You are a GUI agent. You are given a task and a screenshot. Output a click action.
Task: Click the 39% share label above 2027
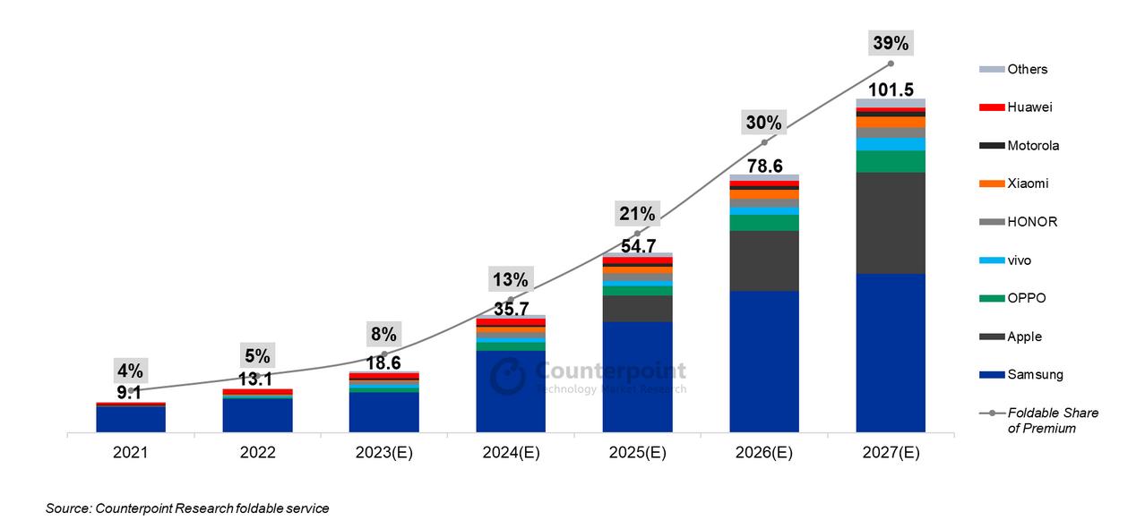point(891,43)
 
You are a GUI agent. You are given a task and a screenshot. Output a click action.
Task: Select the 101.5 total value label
point(891,90)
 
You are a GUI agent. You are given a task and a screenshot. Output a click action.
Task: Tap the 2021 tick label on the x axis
point(130,453)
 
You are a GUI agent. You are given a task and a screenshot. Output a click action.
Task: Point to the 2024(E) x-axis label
point(511,453)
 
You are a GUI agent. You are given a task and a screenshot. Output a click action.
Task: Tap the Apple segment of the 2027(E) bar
point(891,222)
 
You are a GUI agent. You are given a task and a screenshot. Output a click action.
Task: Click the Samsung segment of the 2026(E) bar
point(764,362)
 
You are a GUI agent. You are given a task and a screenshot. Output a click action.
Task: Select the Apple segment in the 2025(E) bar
point(637,308)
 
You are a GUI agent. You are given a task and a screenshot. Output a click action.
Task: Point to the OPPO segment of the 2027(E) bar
point(891,161)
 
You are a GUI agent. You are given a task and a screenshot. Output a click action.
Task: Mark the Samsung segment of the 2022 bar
point(257,415)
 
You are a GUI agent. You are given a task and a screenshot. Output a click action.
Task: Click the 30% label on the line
point(764,124)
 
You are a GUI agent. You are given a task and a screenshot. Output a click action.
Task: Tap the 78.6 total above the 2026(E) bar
point(764,166)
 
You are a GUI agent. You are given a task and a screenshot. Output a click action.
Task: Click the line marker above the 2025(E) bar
point(637,234)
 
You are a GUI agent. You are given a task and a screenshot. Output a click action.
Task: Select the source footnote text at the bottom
point(187,508)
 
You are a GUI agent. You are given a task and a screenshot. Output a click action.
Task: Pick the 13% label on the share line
point(511,279)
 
